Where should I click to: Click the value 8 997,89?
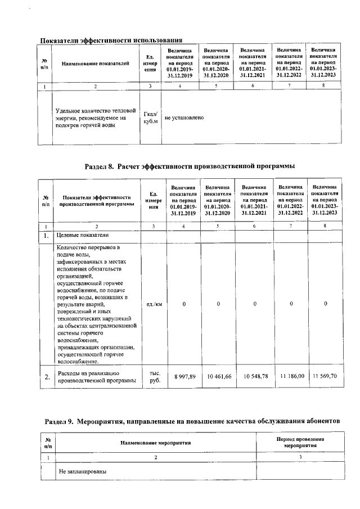184,376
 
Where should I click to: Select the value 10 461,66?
219,376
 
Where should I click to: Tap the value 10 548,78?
254,376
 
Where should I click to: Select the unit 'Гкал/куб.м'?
151,118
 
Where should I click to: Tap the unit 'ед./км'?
154,304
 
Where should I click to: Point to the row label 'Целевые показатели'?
83,235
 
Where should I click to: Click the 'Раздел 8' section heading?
190,166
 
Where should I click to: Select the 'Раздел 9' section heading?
193,421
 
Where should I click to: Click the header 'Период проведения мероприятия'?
301,442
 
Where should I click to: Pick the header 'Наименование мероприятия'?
156,443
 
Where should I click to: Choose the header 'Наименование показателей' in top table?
96,64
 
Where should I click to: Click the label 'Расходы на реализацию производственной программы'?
97,377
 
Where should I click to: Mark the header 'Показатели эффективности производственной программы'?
97,201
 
